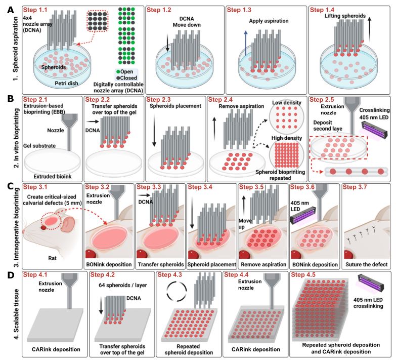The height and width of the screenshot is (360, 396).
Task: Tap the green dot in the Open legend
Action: pos(118,72)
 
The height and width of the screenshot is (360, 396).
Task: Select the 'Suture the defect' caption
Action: pos(366,264)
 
